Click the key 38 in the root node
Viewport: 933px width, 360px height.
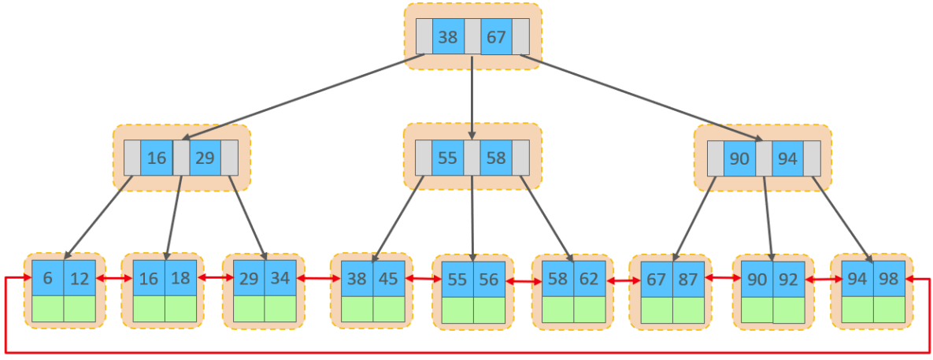(448, 37)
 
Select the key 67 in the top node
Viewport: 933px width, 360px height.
(496, 37)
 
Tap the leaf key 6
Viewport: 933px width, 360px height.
(48, 278)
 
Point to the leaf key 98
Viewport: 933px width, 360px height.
(890, 278)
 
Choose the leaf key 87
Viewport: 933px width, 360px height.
(688, 278)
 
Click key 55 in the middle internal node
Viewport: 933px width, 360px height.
(447, 158)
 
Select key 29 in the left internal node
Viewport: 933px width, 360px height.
(205, 158)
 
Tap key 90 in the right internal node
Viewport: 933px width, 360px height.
(739, 158)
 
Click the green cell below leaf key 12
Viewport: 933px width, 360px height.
(80, 309)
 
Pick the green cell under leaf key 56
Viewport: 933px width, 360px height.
(489, 309)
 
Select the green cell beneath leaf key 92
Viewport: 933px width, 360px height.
(789, 309)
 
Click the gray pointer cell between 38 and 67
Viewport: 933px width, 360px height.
(472, 37)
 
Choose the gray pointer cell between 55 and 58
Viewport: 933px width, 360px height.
(471, 158)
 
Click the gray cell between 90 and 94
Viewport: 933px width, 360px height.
(764, 158)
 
